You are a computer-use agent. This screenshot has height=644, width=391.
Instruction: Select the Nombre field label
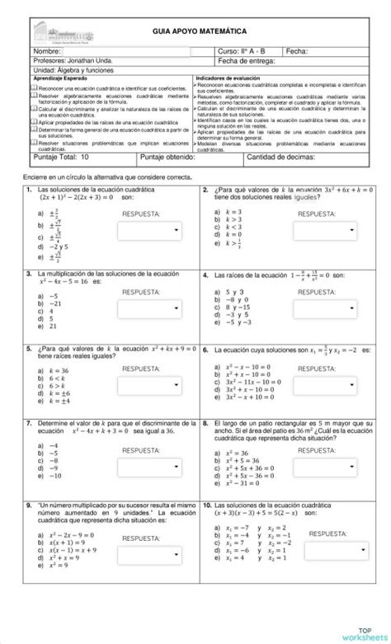(x=48, y=51)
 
